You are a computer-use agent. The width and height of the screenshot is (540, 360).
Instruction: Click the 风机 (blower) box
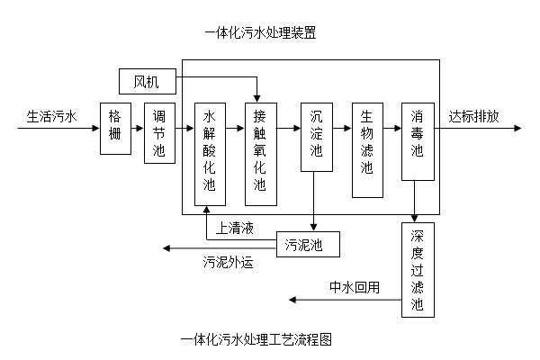(x=147, y=82)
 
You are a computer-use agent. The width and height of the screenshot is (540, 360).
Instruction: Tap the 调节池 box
(x=159, y=133)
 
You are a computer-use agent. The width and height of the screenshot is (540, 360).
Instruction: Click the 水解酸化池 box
(x=210, y=154)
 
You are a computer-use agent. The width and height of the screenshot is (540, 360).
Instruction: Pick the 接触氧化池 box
(x=260, y=154)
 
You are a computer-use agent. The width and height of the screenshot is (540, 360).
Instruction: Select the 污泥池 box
(x=309, y=243)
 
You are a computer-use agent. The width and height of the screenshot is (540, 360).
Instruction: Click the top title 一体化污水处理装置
(x=260, y=34)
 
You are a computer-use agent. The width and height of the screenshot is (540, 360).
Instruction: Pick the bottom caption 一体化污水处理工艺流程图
(x=257, y=340)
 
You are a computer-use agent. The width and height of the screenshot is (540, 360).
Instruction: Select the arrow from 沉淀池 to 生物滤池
(x=341, y=129)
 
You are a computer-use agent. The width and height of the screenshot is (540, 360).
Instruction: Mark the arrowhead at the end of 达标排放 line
(x=517, y=129)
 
